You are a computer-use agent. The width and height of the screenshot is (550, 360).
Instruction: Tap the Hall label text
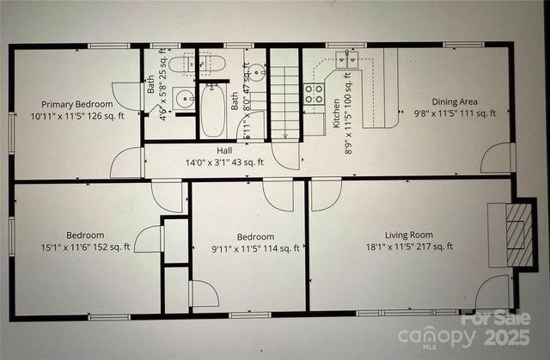(x=223, y=149)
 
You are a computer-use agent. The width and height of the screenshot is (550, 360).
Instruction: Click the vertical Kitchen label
(x=336, y=113)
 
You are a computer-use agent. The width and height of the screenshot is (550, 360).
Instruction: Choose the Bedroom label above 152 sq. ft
(x=85, y=235)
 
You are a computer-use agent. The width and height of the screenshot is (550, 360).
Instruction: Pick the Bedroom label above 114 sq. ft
(x=255, y=236)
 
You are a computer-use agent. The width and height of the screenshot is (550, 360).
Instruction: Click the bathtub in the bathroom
(x=212, y=109)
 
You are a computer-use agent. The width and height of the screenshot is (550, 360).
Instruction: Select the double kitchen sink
(x=348, y=59)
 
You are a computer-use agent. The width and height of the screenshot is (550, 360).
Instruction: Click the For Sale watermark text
(x=496, y=318)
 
